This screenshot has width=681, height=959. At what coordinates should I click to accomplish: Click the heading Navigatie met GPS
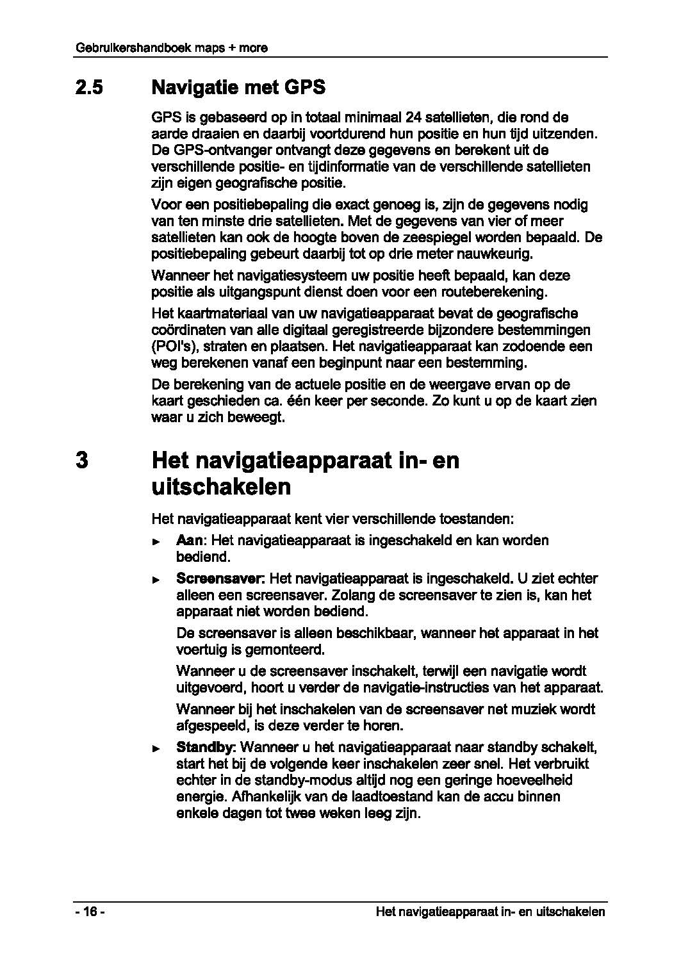[x=238, y=87]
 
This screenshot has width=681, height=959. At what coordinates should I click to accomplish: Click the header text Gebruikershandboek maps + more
[x=171, y=48]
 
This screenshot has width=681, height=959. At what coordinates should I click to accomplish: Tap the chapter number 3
[x=81, y=461]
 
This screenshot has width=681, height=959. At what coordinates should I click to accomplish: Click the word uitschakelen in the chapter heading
[x=221, y=488]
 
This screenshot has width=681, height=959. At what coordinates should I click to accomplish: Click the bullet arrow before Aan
[x=156, y=541]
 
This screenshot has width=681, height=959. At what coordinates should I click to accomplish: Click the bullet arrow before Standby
[x=156, y=749]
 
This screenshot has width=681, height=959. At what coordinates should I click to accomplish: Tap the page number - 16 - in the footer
[x=89, y=912]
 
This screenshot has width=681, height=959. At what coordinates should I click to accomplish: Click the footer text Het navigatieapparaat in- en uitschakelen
[x=490, y=912]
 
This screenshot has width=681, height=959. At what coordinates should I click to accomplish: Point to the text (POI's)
[x=171, y=347]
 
